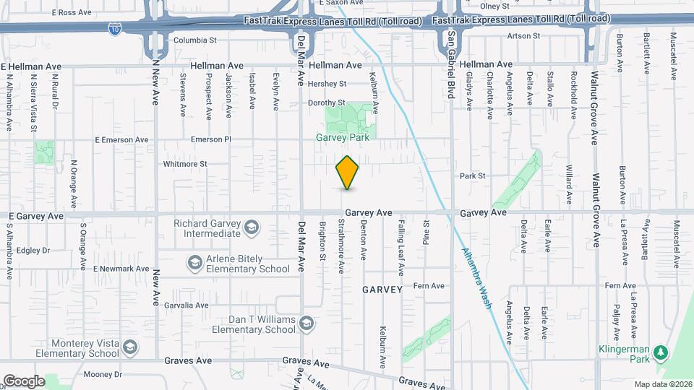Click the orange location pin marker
pyautogui.click(x=348, y=173)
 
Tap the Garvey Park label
pyautogui.click(x=343, y=137)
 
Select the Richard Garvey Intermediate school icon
pyautogui.click(x=250, y=228)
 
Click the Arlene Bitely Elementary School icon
pyautogui.click(x=194, y=262)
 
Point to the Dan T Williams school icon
pyautogui.click(x=307, y=322)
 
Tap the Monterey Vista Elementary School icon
pyautogui.click(x=129, y=348)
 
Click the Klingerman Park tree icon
pyautogui.click(x=659, y=352)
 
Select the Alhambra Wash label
pyautogui.click(x=476, y=278)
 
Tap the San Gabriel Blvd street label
pyautogui.click(x=450, y=64)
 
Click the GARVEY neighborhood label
pyautogui.click(x=382, y=290)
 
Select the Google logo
pyautogui.click(x=24, y=381)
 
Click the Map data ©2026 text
pyautogui.click(x=662, y=383)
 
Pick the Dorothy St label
pyautogui.click(x=327, y=103)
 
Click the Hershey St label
pyautogui.click(x=327, y=84)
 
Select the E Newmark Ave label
pyautogui.click(x=121, y=269)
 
